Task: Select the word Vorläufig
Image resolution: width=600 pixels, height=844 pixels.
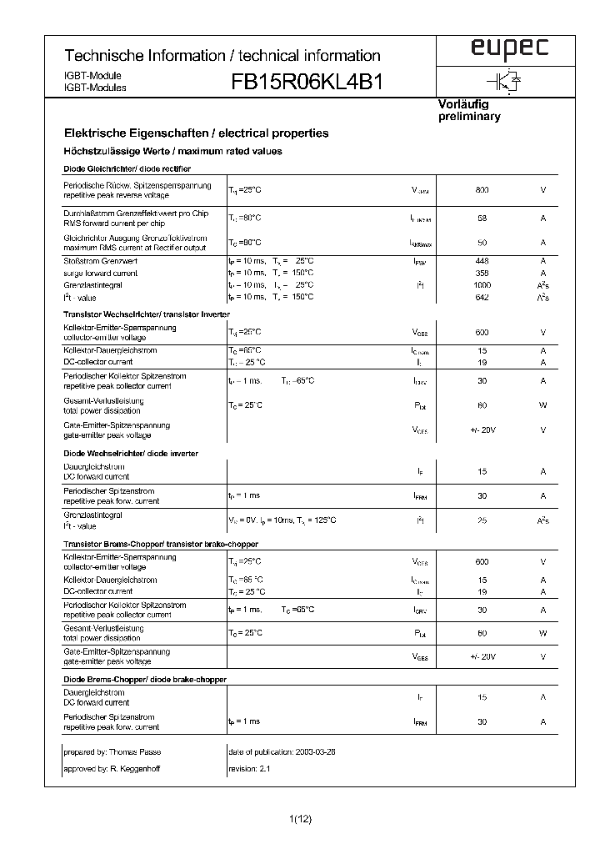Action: [x=463, y=104]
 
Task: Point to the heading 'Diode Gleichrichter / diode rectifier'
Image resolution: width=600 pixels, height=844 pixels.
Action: [x=122, y=169]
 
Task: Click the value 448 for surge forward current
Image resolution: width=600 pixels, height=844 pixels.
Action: [x=482, y=261]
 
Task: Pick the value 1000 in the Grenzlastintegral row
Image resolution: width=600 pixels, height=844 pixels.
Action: [x=482, y=285]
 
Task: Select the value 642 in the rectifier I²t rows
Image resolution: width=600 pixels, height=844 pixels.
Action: [x=482, y=297]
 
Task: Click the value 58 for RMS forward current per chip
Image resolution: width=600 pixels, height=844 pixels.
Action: [x=482, y=219]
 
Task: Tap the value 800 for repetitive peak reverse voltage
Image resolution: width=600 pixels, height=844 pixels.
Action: [x=482, y=190]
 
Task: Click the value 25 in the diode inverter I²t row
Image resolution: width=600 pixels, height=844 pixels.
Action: [x=482, y=520]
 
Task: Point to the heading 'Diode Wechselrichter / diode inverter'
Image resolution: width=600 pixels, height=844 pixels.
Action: [x=130, y=453]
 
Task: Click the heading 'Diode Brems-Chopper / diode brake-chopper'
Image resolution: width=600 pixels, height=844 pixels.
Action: [x=145, y=680]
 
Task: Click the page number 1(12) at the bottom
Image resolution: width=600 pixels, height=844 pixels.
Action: [x=300, y=820]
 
